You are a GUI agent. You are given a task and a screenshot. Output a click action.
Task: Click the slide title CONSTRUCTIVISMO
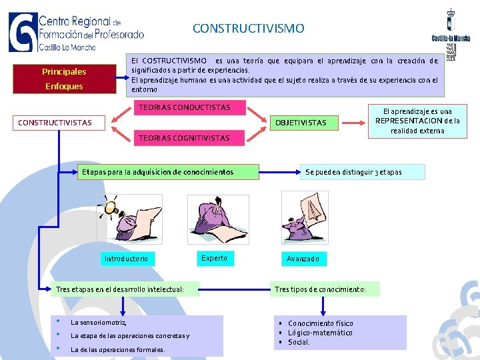coord(248,29)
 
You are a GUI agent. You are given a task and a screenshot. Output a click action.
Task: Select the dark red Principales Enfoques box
coord(63,79)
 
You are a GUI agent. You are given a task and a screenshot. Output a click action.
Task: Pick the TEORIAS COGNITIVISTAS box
coord(183,138)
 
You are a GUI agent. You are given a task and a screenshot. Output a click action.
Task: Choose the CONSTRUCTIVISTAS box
coord(55,123)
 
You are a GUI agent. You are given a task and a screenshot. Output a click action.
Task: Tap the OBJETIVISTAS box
coord(301,123)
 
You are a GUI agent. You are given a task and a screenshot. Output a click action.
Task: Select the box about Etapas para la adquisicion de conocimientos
coord(157,172)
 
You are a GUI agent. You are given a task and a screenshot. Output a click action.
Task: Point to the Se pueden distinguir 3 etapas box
coord(353,172)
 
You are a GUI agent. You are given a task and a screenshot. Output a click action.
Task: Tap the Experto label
coord(214,258)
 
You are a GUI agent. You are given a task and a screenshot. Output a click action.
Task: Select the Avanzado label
coord(303,259)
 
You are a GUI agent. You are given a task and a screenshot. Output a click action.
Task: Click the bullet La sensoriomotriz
coord(98,322)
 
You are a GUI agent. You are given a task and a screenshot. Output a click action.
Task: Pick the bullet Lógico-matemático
coord(320,333)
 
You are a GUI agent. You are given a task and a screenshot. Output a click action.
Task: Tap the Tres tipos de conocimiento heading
coord(326,289)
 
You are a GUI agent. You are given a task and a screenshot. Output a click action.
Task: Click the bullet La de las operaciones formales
coord(117,349)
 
